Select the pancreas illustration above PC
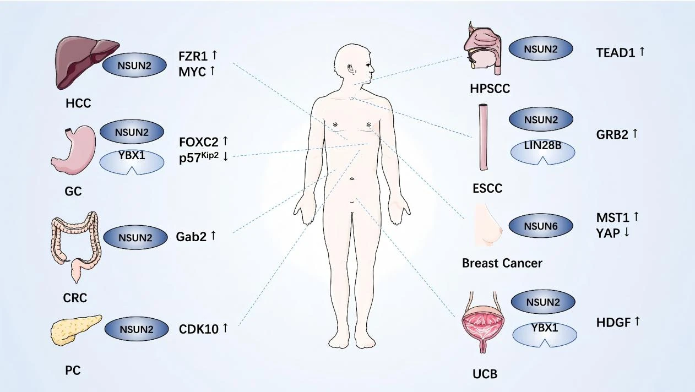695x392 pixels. (75, 329)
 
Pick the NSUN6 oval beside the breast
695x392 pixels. (541, 226)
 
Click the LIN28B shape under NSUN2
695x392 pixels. (543, 152)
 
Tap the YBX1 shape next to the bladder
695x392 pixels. (545, 334)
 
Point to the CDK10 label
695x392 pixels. (198, 329)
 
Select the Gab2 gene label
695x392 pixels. (192, 236)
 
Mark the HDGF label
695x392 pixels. (613, 322)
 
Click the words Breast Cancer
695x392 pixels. (502, 263)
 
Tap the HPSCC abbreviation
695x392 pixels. (490, 88)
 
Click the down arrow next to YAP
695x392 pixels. (626, 232)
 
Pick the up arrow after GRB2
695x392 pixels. (635, 133)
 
